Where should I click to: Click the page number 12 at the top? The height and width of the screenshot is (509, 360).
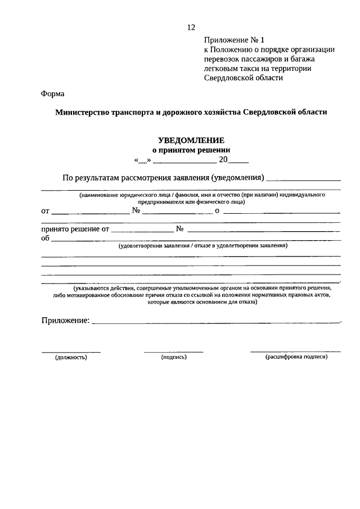(191, 27)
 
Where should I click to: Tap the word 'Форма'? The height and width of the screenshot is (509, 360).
(53, 93)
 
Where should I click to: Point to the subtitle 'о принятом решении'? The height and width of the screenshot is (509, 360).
(192, 150)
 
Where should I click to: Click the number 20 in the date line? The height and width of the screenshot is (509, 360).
(223, 160)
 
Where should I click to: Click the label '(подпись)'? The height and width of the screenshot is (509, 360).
(173, 357)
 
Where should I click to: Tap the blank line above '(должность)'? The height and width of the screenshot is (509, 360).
(71, 352)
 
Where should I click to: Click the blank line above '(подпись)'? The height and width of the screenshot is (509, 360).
(173, 352)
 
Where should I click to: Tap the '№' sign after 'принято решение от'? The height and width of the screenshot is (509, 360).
(180, 229)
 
